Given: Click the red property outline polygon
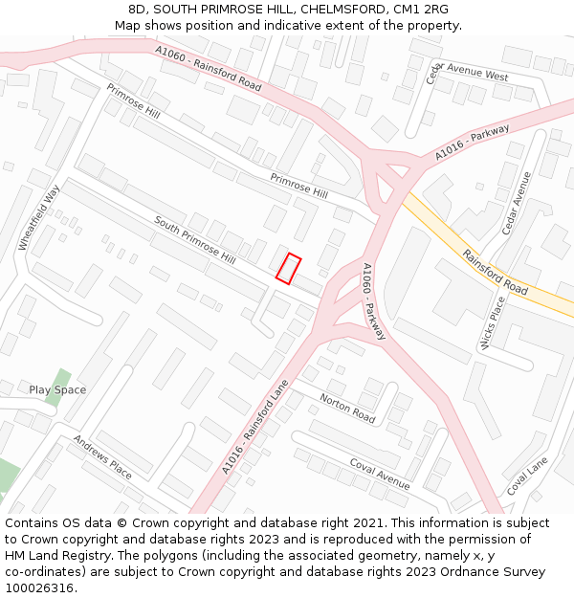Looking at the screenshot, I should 288,269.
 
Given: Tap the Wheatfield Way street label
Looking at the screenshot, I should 39,218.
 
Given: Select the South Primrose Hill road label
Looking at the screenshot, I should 195,239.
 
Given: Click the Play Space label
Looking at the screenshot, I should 57,389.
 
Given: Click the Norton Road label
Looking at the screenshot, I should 347,409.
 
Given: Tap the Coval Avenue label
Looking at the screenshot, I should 379,473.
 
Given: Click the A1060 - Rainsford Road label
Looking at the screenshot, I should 209,67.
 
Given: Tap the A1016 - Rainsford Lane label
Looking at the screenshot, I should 254,427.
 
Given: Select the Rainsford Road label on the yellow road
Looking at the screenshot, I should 496,273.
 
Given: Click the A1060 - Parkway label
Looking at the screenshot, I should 374,301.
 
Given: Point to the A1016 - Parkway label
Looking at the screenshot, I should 472,143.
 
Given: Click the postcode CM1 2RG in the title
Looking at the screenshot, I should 418,10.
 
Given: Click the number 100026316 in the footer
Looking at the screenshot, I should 39,587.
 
